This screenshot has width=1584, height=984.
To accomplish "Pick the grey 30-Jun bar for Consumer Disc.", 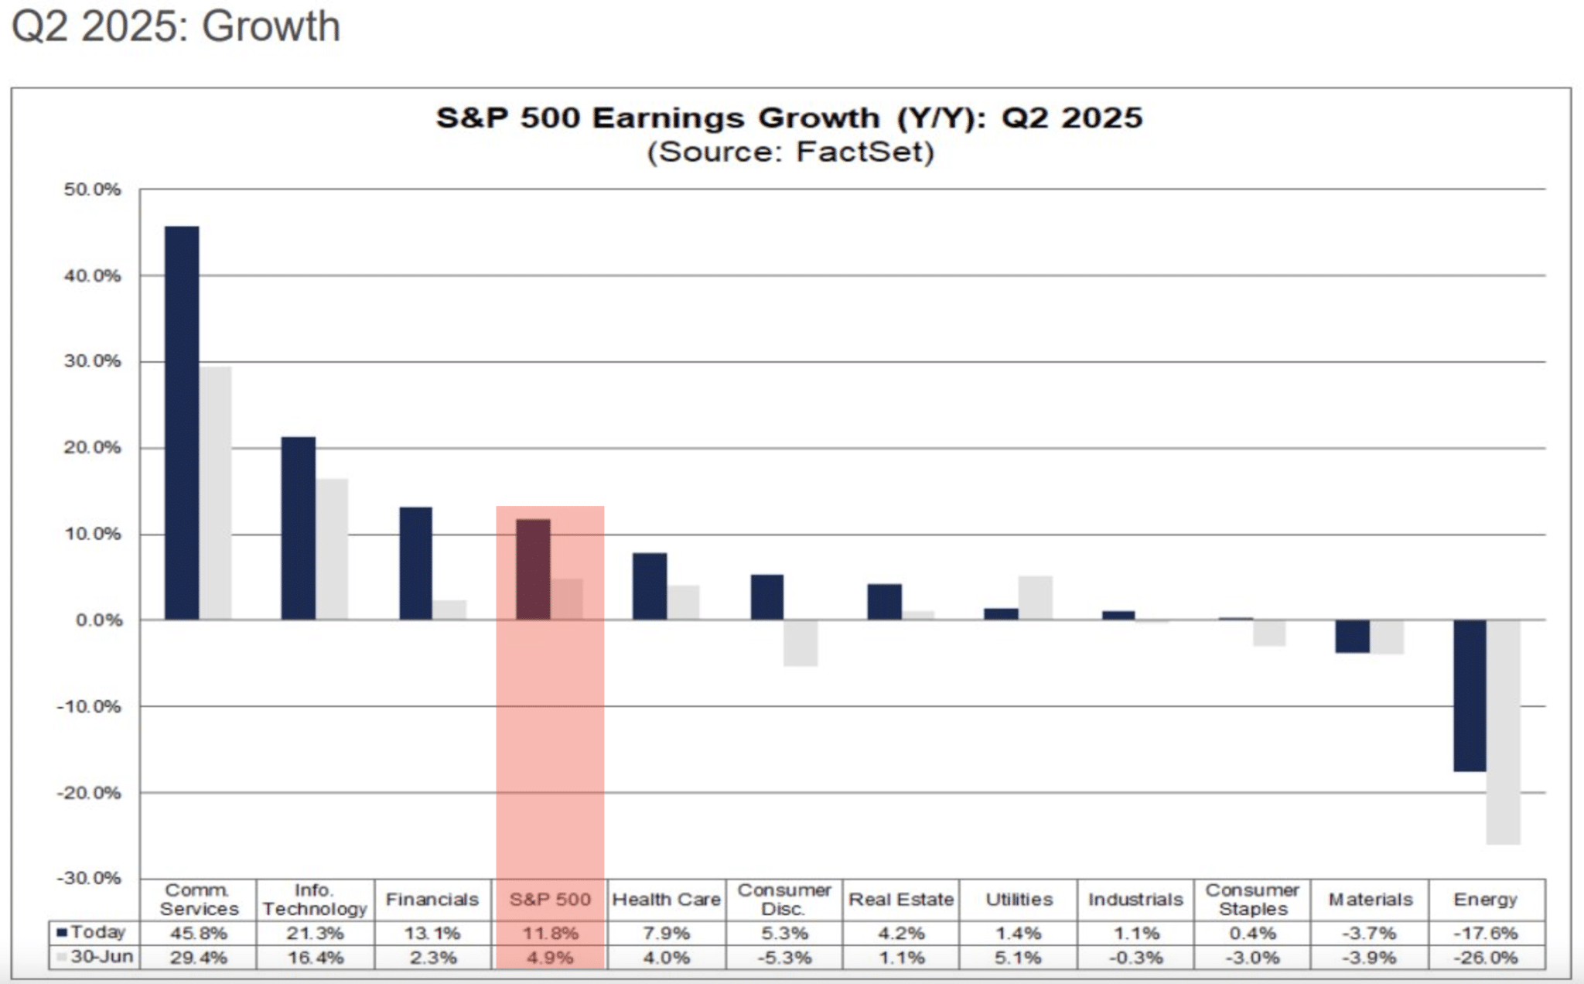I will pyautogui.click(x=800, y=643).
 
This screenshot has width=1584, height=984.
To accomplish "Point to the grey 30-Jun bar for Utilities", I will pyautogui.click(x=1035, y=598).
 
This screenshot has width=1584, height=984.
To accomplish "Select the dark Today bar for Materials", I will pyautogui.click(x=1353, y=637).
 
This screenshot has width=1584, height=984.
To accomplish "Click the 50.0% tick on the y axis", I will pyautogui.click(x=92, y=190).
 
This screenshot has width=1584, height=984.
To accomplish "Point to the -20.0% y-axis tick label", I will pyautogui.click(x=89, y=793).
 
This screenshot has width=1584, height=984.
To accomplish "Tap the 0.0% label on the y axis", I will pyautogui.click(x=98, y=620).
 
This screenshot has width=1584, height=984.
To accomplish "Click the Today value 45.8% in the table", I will pyautogui.click(x=199, y=933).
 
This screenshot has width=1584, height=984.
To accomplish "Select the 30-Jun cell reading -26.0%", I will pyautogui.click(x=1486, y=958).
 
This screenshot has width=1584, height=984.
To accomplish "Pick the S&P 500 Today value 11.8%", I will pyautogui.click(x=550, y=933).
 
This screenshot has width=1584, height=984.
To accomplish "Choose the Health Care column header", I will pyautogui.click(x=666, y=900).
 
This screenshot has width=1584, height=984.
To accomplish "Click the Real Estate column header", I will pyautogui.click(x=901, y=900).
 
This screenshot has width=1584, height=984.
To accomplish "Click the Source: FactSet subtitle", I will pyautogui.click(x=790, y=152).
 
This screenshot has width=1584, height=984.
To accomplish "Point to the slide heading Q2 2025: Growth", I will pyautogui.click(x=176, y=26).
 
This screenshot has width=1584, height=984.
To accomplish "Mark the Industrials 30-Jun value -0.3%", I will pyautogui.click(x=1135, y=958).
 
